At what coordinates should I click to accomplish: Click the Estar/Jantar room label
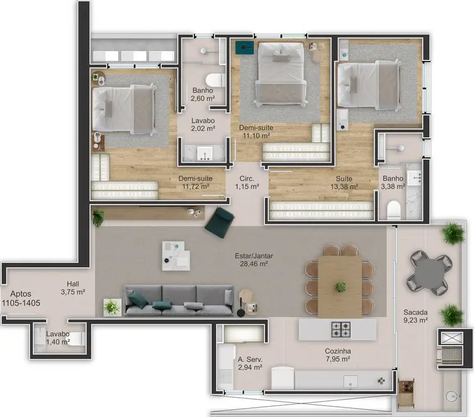click(x=251, y=254)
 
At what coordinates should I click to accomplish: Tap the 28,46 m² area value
click(x=251, y=263)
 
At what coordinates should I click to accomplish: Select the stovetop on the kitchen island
click(x=341, y=330)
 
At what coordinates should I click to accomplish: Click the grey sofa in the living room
click(x=178, y=300)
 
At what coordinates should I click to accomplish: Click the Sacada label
click(x=415, y=312)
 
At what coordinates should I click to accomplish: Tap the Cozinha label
click(x=337, y=351)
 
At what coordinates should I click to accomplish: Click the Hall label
click(x=73, y=283)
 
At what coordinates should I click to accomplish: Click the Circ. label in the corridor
click(x=246, y=178)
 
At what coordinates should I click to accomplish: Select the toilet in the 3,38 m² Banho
click(x=394, y=210)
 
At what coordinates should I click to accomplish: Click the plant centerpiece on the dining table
click(x=341, y=286)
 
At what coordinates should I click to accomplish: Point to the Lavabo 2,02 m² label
click(x=203, y=124)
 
